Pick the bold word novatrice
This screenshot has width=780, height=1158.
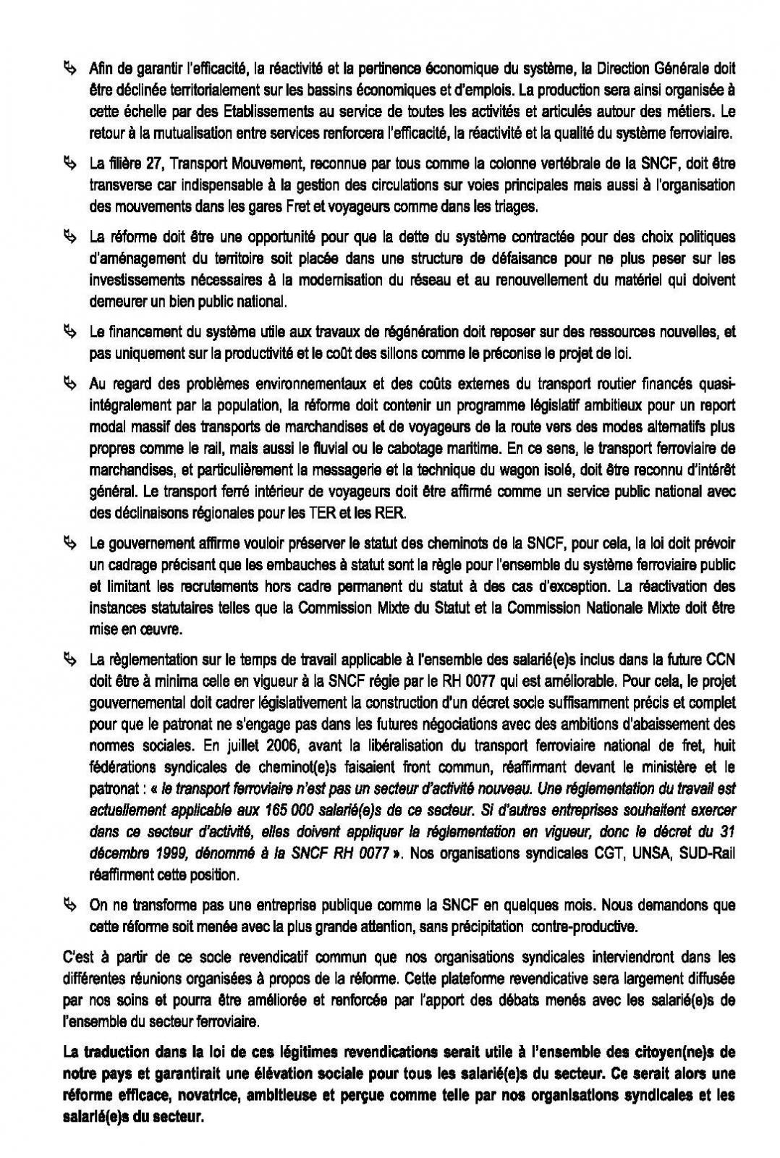[194, 1096]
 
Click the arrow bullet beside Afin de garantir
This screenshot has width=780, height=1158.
[69, 69]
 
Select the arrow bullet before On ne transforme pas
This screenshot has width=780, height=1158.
[69, 905]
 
